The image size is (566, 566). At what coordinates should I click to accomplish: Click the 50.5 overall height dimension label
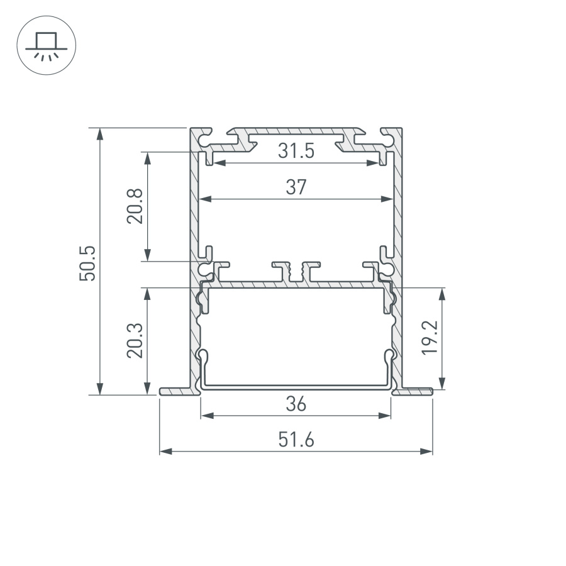point(87,263)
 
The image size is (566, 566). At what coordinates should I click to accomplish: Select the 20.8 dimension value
point(135,206)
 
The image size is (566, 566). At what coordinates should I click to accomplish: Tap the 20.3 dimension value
point(135,340)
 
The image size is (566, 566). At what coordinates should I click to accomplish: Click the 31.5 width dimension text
point(296,151)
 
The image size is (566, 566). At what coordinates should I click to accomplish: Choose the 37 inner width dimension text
point(296,187)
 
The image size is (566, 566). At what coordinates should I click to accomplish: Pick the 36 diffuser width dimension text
point(296,404)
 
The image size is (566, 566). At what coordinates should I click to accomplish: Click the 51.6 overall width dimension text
point(296,440)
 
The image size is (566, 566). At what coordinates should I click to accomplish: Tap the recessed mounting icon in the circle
point(46,46)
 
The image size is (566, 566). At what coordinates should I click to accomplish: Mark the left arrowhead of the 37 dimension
point(205,199)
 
